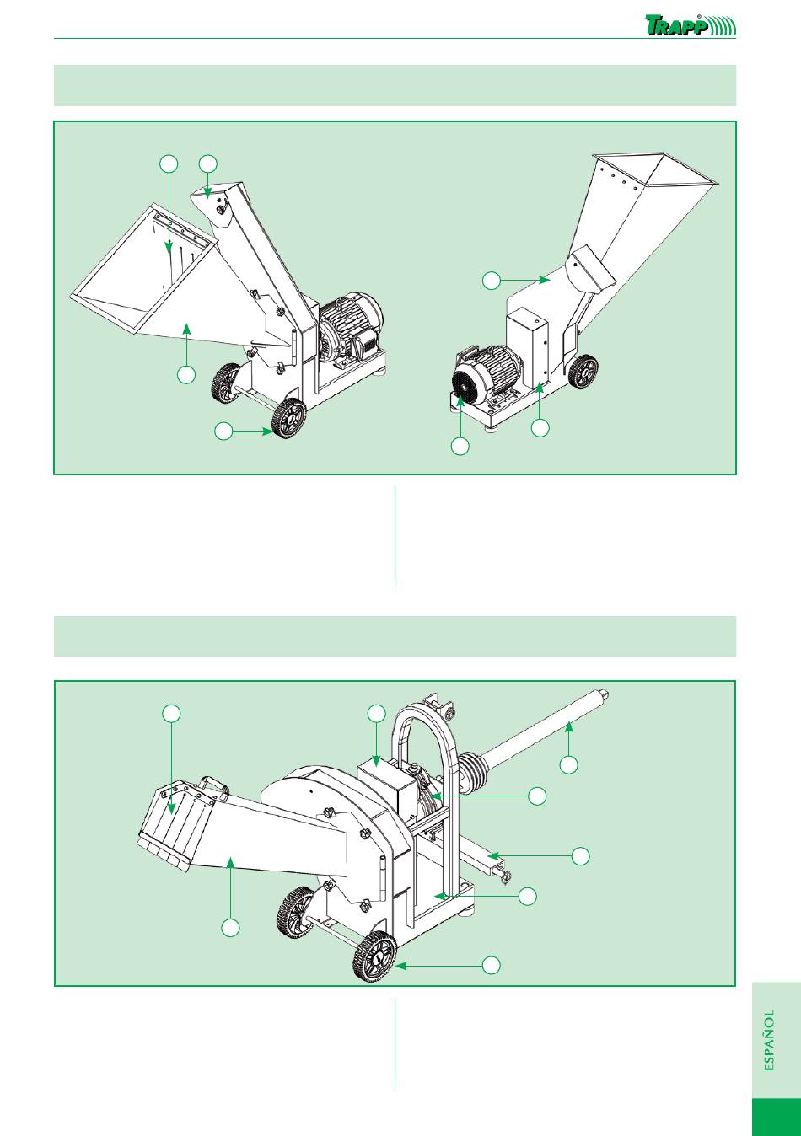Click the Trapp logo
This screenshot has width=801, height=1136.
pos(690,24)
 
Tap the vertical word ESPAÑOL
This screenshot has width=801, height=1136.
pos(769,1040)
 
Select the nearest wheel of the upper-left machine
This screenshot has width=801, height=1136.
pos(288,417)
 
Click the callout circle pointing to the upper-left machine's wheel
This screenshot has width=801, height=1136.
pos(223,431)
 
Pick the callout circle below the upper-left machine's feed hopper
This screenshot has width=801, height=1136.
pos(186,375)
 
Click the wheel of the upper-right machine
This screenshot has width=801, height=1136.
pos(583,372)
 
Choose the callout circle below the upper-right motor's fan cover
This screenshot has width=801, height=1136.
pos(460,447)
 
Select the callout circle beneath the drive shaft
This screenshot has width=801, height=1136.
pos(568,764)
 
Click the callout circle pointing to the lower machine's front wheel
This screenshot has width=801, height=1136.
pos(491,965)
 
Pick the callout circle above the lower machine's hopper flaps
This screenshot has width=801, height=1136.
pos(171,714)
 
